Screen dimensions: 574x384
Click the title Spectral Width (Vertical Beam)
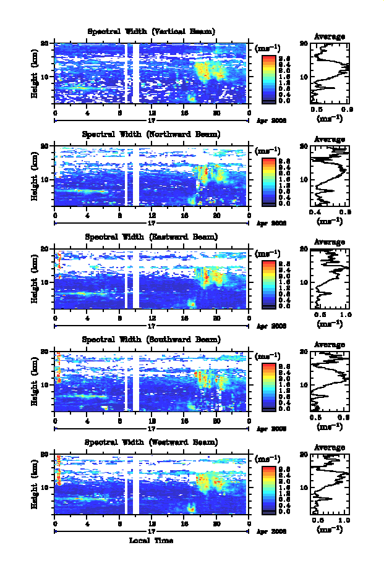tap(151, 32)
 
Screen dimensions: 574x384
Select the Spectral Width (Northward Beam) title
tap(151, 134)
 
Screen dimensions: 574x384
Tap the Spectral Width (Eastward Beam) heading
tap(151, 237)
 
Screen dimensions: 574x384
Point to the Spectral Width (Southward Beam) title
tap(151, 339)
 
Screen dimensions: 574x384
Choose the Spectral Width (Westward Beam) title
tap(151, 442)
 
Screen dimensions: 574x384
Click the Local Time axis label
tap(151, 541)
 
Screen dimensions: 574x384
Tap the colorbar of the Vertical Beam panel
tap(268, 78)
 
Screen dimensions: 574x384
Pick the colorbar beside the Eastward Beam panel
tap(268, 284)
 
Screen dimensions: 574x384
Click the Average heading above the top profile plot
tap(330, 36)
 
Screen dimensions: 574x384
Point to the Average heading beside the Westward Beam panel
tap(330, 447)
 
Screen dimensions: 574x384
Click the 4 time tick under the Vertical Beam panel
tap(87, 112)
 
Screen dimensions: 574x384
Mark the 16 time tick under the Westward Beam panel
tap(184, 523)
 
